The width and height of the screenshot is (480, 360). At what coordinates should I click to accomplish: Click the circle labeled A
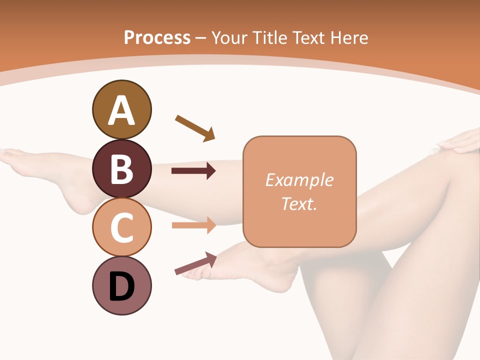pos(121,109)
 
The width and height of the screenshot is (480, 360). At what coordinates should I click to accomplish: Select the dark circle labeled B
pos(121,168)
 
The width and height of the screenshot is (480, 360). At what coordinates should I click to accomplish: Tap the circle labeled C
pos(121,227)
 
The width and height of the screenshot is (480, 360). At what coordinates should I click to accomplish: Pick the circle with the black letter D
pos(121,286)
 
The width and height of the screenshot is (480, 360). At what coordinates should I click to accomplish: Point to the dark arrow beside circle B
pos(193,171)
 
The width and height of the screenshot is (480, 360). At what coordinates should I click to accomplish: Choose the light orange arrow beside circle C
pos(193,225)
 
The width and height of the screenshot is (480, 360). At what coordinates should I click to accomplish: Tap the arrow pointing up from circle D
pos(195,263)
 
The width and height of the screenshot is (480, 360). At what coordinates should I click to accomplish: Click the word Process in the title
pos(157,37)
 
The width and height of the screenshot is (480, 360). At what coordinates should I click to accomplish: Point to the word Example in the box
pos(299,180)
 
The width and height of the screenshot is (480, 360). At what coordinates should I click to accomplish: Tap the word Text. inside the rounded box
pos(299,203)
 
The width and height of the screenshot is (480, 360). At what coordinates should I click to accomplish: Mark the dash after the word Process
pos(200,38)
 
